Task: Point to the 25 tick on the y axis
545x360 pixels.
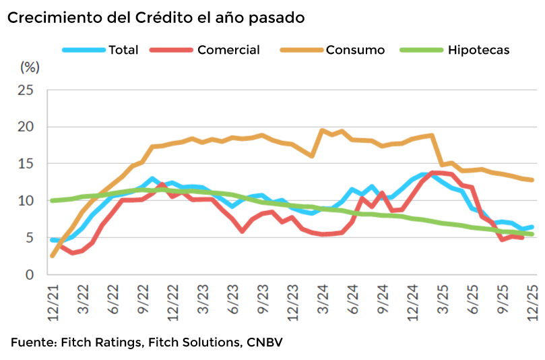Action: pyautogui.click(x=26, y=90)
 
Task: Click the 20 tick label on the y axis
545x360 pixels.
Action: pyautogui.click(x=26, y=127)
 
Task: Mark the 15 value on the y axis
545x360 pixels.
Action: pyautogui.click(x=26, y=164)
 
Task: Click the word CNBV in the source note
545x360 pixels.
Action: pyautogui.click(x=263, y=342)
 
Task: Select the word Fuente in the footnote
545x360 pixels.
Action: pyautogui.click(x=32, y=342)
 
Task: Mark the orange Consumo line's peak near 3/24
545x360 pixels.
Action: pyautogui.click(x=323, y=131)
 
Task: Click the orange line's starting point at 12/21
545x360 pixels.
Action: pyautogui.click(x=53, y=256)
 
